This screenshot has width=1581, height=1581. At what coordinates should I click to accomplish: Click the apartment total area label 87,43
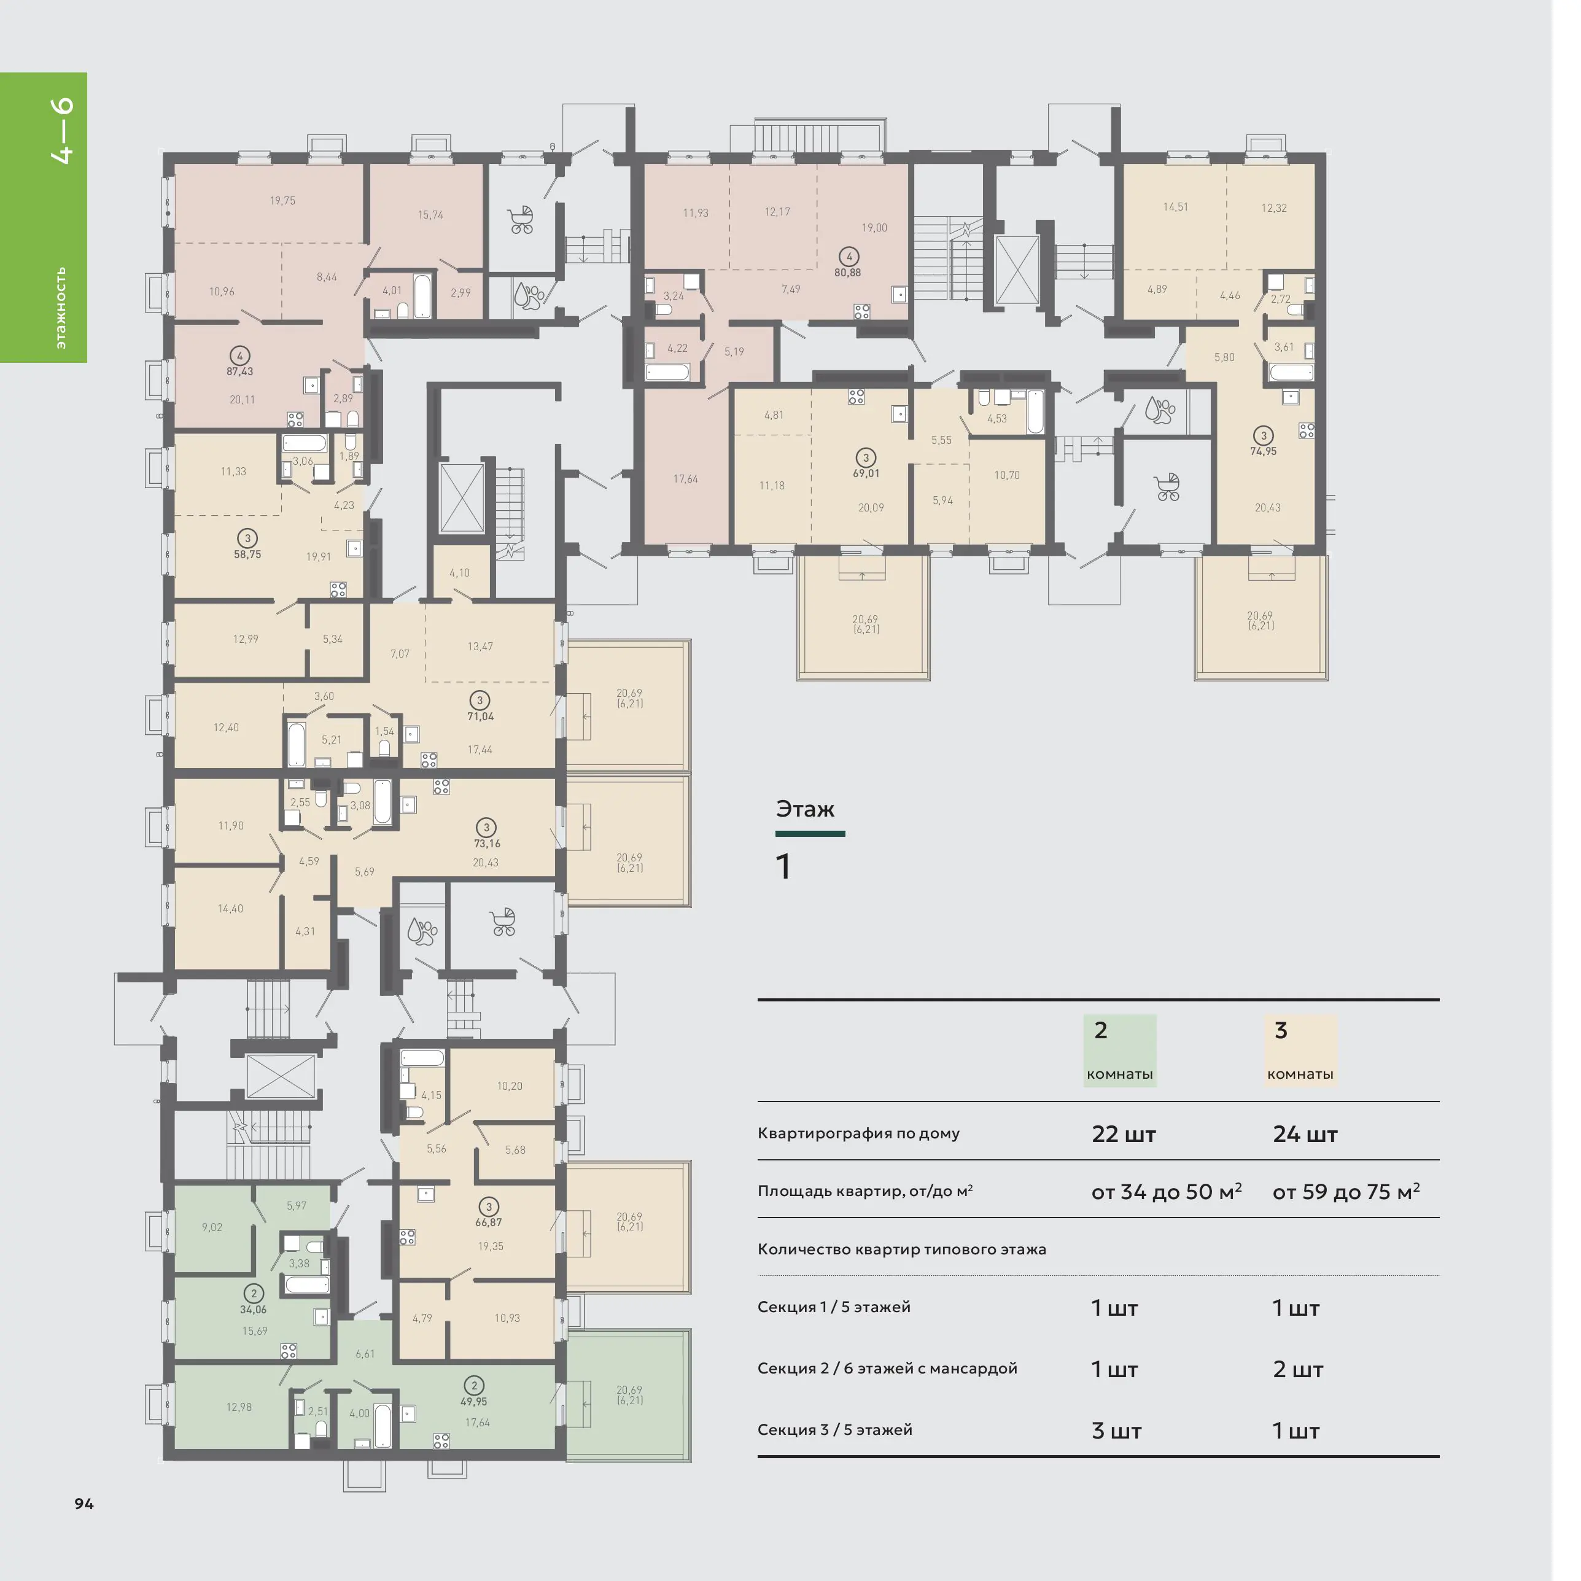(x=240, y=371)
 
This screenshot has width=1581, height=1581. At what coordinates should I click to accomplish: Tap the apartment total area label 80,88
(x=848, y=273)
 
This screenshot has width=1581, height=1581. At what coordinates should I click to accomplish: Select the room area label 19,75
(x=282, y=201)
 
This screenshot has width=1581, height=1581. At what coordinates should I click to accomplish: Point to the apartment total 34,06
(x=253, y=1310)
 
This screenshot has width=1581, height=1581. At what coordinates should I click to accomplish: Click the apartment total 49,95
(x=474, y=1401)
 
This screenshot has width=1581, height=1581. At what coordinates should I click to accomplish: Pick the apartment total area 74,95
(x=1264, y=451)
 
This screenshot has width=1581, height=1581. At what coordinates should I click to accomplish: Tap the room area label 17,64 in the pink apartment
(x=686, y=479)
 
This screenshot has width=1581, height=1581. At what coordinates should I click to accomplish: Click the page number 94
(x=84, y=1503)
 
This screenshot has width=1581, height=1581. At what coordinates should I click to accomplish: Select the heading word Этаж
(x=805, y=809)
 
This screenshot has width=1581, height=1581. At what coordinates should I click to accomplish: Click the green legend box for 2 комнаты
(x=1119, y=1051)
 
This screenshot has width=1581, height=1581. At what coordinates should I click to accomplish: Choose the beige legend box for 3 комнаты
(x=1300, y=1051)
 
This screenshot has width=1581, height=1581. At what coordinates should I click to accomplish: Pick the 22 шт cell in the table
(x=1124, y=1134)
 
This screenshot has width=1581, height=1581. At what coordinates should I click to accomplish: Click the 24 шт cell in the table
(x=1305, y=1134)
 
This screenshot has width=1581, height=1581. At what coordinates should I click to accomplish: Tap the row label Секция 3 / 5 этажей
(x=834, y=1429)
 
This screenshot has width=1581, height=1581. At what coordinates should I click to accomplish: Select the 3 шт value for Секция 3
(x=1116, y=1431)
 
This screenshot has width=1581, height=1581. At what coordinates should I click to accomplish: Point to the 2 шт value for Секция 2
(x=1298, y=1369)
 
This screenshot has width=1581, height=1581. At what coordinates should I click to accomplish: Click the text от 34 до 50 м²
(x=1166, y=1192)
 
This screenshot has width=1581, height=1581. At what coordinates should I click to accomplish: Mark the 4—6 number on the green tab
(x=62, y=131)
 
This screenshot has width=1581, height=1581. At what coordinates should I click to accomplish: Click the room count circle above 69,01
(x=866, y=458)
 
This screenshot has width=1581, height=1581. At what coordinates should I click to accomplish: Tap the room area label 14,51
(x=1175, y=207)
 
